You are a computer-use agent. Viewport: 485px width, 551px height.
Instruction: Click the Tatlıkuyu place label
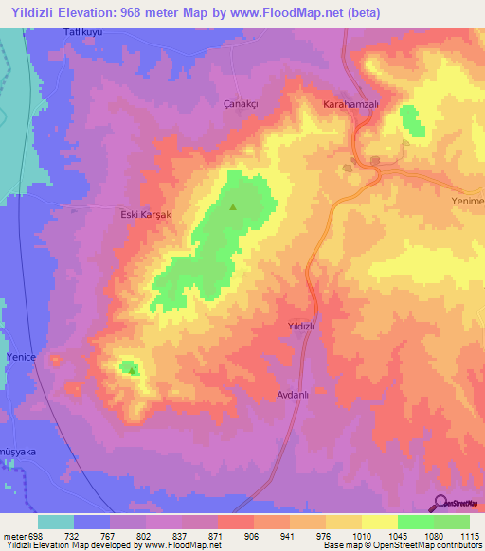(x=81, y=33)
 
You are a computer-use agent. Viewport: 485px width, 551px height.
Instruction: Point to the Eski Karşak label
(x=145, y=215)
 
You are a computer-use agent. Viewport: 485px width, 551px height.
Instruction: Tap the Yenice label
(x=21, y=356)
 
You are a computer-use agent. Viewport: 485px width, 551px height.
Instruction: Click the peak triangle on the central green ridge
(x=233, y=205)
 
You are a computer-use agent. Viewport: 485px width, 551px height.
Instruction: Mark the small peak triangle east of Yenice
(x=132, y=369)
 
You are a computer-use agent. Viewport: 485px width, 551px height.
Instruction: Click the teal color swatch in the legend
(x=55, y=522)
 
